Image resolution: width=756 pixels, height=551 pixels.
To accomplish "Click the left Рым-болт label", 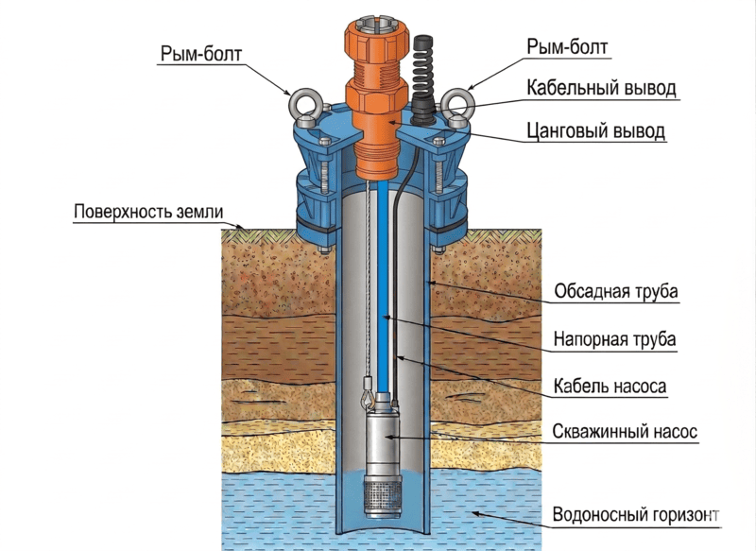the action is click(x=200, y=54).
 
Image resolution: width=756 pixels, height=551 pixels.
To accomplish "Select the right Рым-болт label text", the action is click(x=567, y=47).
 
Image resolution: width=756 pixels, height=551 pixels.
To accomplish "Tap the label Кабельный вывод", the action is click(x=601, y=88).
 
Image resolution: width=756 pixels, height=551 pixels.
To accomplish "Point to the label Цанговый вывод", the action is click(x=596, y=130).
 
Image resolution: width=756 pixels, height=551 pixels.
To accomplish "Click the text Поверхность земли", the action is click(x=148, y=212).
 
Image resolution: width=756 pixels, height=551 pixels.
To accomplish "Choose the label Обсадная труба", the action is click(x=616, y=291).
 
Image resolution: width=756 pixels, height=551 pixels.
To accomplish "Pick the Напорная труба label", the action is click(x=614, y=339).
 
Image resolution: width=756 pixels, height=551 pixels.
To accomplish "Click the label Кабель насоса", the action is click(x=610, y=387).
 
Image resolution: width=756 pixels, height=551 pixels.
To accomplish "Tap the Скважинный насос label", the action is click(x=625, y=431).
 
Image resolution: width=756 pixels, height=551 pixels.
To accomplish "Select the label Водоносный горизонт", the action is click(x=635, y=514).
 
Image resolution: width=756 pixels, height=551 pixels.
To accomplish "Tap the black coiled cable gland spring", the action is click(x=423, y=73).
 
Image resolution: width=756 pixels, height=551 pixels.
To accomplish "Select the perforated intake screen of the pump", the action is click(x=384, y=496).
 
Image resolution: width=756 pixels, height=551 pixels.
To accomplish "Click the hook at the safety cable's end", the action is click(x=367, y=397).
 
